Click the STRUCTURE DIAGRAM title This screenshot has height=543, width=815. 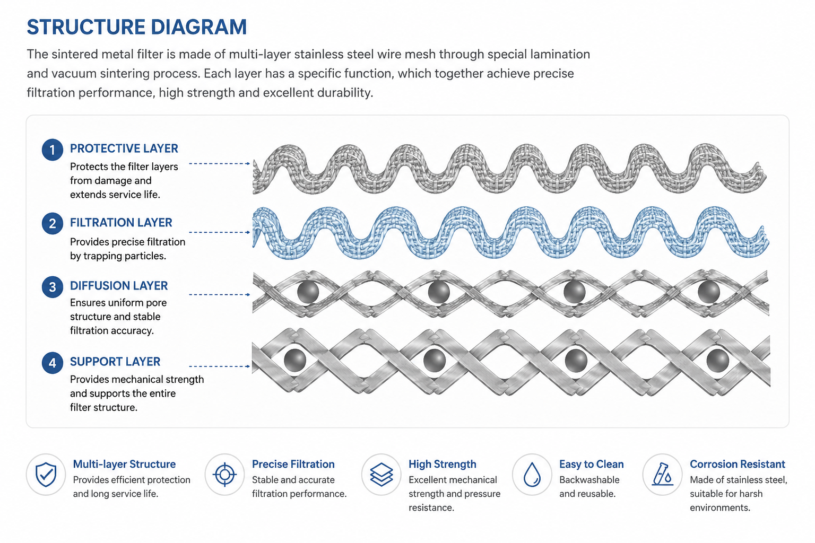(x=137, y=27)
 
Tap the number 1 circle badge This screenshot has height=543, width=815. (x=53, y=150)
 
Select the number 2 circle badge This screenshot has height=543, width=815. (x=53, y=223)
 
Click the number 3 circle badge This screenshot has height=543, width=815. (x=53, y=287)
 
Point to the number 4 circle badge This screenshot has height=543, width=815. (x=53, y=363)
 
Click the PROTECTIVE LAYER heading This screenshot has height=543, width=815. (x=124, y=148)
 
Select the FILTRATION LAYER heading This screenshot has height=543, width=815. (x=121, y=223)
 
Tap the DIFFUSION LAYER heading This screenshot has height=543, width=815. (x=119, y=286)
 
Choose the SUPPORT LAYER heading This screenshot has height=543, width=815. (x=115, y=362)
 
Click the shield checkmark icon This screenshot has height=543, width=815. (x=46, y=474)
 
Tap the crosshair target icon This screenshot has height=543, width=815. (x=225, y=474)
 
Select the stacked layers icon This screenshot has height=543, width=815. (x=382, y=474)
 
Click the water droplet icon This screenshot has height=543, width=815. (x=532, y=474)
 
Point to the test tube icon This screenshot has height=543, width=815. (x=663, y=474)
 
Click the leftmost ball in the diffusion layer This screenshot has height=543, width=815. (x=308, y=292)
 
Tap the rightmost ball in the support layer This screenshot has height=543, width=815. (x=717, y=361)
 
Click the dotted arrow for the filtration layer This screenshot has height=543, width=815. (x=220, y=232)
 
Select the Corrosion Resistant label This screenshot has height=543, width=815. (x=738, y=464)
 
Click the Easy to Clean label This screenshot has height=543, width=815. (x=591, y=464)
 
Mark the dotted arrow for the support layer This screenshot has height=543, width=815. (x=220, y=366)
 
